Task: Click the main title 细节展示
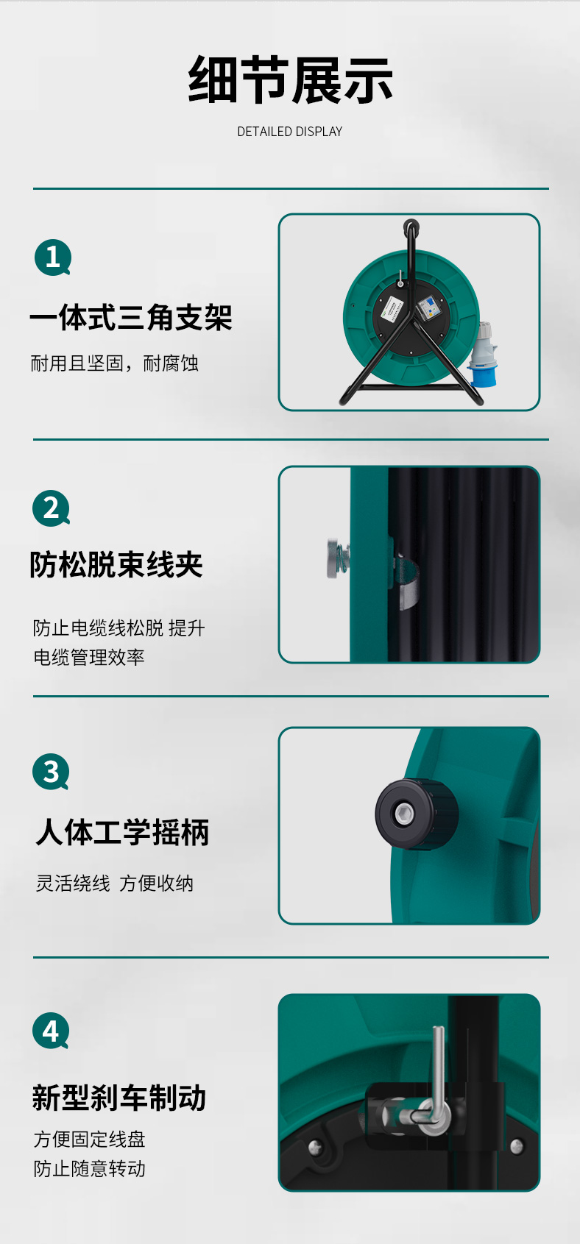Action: click(290, 80)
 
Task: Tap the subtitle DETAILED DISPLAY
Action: click(289, 132)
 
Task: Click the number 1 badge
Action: click(53, 257)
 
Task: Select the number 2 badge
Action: click(51, 508)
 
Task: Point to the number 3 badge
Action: click(51, 772)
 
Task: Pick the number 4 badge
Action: click(51, 1031)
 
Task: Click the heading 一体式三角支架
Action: click(131, 318)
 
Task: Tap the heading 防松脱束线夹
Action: click(116, 565)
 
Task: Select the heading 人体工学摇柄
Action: click(122, 833)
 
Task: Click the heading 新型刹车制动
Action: click(119, 1098)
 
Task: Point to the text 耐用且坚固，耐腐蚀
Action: click(114, 363)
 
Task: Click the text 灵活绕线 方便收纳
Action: click(114, 883)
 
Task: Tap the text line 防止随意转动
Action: click(90, 1168)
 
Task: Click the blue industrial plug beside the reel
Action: click(482, 355)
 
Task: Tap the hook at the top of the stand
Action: click(411, 227)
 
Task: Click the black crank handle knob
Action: click(416, 814)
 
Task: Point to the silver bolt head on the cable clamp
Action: click(334, 558)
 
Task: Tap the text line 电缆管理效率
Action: click(89, 658)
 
